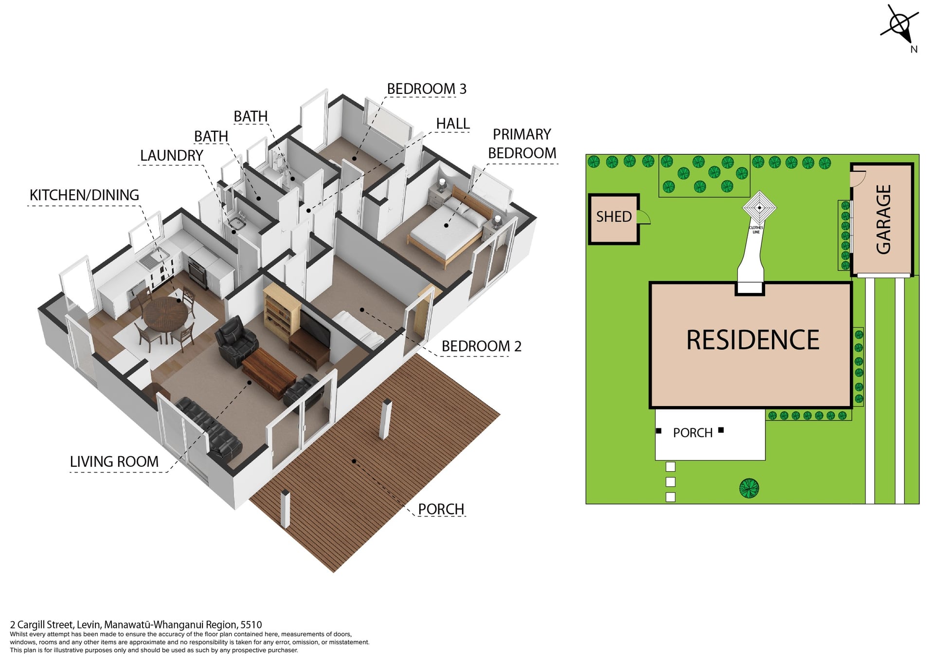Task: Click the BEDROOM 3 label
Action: click(x=427, y=89)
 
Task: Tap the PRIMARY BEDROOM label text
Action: click(x=522, y=144)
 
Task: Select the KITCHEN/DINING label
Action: click(x=84, y=195)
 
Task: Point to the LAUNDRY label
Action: click(x=172, y=156)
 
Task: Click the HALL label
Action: click(x=453, y=124)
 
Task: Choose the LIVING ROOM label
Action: click(x=114, y=461)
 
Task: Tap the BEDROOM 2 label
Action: click(x=481, y=346)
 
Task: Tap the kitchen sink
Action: click(x=153, y=259)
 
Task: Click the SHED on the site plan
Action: click(x=614, y=219)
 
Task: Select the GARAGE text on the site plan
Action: click(x=883, y=220)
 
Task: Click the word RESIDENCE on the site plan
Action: click(x=753, y=340)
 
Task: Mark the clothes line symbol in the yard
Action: click(x=759, y=208)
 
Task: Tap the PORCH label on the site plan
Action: click(x=693, y=433)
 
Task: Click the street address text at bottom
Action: click(x=136, y=624)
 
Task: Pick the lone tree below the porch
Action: click(x=749, y=488)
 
